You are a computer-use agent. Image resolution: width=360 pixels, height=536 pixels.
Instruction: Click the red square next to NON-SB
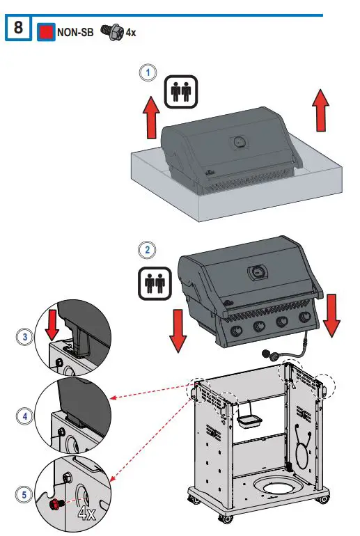(46, 31)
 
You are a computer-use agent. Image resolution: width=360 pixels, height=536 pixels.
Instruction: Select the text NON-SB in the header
(75, 32)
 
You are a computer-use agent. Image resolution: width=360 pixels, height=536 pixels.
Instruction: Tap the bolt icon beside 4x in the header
(111, 31)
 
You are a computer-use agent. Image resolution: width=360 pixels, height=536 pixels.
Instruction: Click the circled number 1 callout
(146, 72)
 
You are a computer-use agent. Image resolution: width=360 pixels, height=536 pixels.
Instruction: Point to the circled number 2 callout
(147, 249)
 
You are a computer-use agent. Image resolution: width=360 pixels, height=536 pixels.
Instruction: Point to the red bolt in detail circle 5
(55, 503)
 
